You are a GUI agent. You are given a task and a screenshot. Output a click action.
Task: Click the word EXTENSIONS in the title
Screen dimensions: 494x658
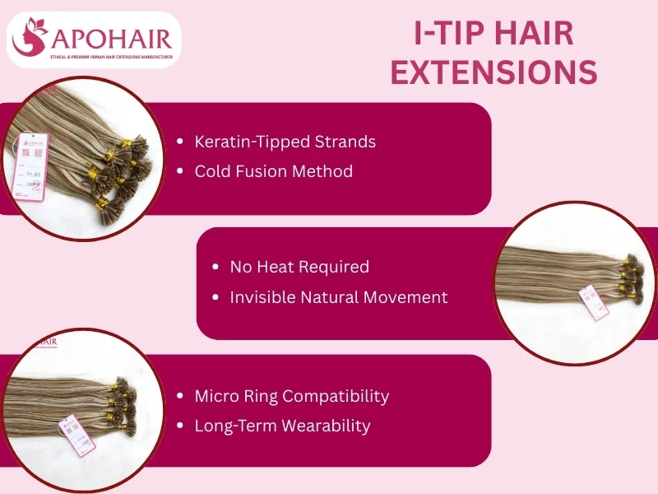(x=493, y=72)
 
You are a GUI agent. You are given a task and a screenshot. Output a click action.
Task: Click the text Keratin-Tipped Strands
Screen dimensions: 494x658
(x=285, y=142)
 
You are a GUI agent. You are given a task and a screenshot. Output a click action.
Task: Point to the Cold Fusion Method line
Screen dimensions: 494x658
(x=273, y=171)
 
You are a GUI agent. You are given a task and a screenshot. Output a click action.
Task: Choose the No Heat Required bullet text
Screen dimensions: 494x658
(x=299, y=267)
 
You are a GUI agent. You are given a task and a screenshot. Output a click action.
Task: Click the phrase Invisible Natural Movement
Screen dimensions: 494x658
(x=339, y=297)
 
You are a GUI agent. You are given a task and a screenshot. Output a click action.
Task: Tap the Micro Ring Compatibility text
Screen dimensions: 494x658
(x=291, y=396)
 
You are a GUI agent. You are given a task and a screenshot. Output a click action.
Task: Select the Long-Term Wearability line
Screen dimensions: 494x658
(x=282, y=426)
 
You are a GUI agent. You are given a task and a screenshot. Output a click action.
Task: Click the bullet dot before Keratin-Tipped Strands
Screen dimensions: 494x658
(x=180, y=142)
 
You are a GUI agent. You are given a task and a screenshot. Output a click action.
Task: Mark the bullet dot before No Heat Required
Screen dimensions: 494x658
(x=215, y=268)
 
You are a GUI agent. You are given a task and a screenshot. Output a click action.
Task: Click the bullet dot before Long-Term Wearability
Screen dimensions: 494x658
(x=180, y=426)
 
